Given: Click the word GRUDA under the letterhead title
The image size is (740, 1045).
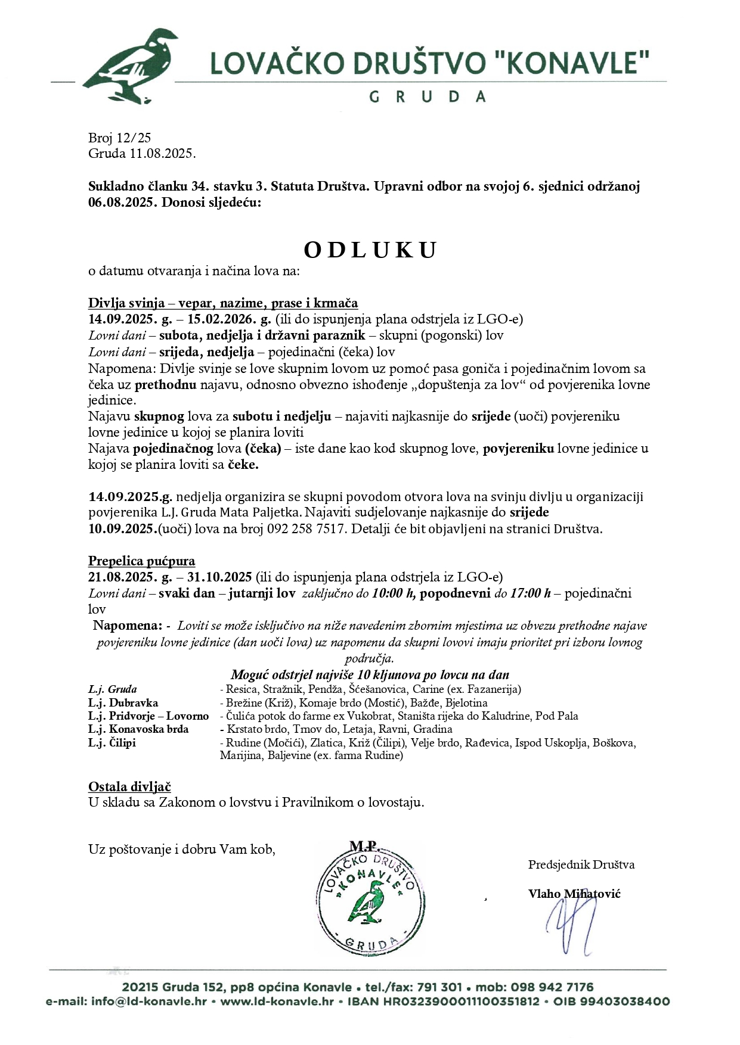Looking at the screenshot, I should click(x=428, y=96).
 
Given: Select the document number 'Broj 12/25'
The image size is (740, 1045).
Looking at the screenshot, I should click(x=120, y=138).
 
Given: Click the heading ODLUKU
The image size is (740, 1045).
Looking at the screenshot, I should click(x=370, y=250).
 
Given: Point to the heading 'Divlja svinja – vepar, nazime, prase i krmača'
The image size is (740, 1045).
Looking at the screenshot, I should click(x=223, y=303).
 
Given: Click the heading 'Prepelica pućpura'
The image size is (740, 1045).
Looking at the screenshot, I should click(x=141, y=561).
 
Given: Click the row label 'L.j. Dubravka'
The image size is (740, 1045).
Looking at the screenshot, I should click(x=123, y=702).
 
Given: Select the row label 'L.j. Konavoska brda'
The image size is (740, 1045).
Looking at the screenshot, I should click(x=138, y=729).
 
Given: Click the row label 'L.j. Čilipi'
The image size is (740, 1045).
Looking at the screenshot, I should click(x=112, y=742).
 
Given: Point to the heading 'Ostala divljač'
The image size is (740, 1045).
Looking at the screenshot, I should click(x=129, y=787).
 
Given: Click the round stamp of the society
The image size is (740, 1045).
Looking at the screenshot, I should click(x=370, y=900).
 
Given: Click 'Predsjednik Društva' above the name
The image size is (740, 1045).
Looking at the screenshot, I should click(x=581, y=864).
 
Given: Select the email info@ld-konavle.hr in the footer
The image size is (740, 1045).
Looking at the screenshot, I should click(x=149, y=1002).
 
